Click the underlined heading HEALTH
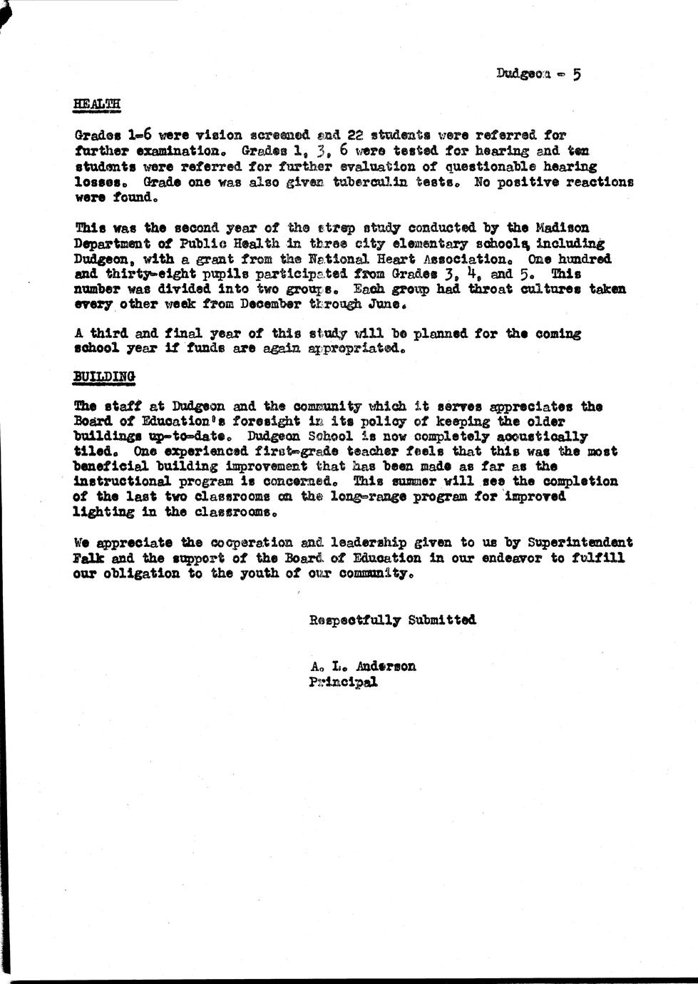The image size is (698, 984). click(96, 104)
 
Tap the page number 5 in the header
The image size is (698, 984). click(576, 73)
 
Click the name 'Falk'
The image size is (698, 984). click(88, 558)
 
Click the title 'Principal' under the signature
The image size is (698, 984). click(344, 682)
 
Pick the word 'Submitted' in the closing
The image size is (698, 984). click(442, 620)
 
